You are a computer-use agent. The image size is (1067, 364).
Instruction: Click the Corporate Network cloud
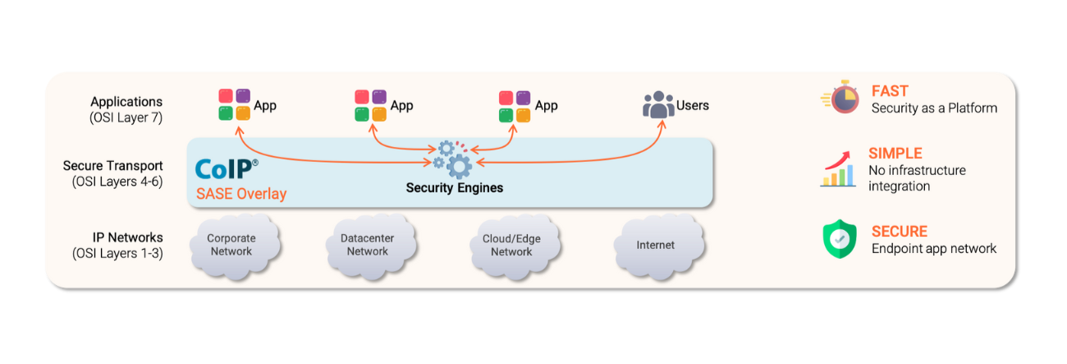point(231,245)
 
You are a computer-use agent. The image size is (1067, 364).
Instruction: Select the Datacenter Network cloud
point(367,245)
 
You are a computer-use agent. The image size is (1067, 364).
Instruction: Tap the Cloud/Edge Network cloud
point(512,245)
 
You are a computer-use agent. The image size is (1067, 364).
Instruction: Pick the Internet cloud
point(656,245)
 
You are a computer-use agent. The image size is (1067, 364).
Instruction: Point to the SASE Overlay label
point(241,195)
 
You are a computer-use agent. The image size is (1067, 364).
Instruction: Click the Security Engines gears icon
point(454,159)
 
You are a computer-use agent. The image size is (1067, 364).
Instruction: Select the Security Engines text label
point(455,188)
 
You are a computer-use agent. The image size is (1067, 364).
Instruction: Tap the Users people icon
point(657,106)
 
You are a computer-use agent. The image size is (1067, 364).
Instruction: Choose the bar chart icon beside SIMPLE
point(839,169)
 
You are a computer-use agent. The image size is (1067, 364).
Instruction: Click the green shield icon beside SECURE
point(840,239)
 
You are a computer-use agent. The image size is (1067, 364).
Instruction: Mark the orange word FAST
point(890,91)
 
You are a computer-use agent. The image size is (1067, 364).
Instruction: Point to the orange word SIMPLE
point(895,154)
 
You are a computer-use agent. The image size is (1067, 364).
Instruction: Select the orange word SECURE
point(900,232)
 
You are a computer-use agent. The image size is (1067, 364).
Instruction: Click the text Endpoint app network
point(934,248)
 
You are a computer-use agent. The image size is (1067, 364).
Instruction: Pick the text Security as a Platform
point(934,108)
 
